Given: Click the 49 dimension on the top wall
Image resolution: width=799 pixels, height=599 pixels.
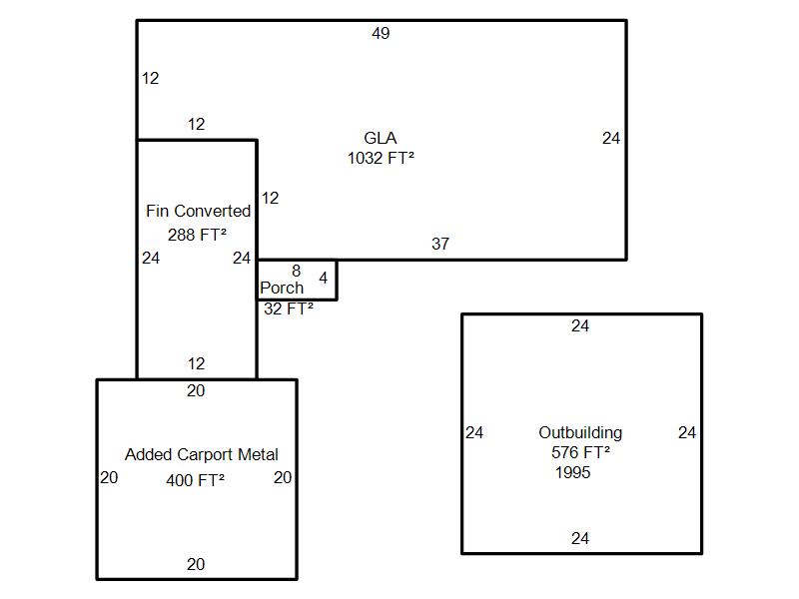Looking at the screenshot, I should coord(381,34).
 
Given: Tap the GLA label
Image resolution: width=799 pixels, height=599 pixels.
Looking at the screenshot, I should coord(381,138).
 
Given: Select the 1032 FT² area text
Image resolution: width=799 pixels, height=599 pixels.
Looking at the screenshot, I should coord(381,158).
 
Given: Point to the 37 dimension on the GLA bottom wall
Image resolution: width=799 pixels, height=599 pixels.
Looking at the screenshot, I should coord(440,244).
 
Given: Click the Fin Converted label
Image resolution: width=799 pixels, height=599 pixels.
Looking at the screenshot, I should coord(198,211).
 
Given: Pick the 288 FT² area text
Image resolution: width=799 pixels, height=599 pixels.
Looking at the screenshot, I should coord(197,235).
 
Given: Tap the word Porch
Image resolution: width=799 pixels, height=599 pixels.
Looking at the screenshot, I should coord(282,288).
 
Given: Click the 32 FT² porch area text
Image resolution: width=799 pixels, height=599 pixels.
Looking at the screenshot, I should coord(289,309).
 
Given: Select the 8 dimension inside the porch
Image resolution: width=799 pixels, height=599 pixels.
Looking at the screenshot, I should coord(297,271).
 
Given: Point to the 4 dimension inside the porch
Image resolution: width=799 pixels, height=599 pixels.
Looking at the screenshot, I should coord(323,278).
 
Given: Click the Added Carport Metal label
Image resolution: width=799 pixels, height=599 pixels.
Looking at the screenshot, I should coord(202,454).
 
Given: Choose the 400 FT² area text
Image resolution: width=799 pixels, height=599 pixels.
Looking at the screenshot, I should coord(196,480).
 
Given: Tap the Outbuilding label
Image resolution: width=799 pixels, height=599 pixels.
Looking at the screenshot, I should coord(580,432).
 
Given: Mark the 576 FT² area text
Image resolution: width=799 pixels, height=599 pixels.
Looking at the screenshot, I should coord(580,452).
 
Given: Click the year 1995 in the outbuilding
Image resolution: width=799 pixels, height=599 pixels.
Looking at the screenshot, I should coord(573,472).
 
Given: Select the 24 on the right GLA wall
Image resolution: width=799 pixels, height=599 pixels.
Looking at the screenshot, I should coord(611,139).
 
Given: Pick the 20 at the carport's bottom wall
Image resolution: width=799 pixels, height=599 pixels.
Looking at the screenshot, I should coord(196,564).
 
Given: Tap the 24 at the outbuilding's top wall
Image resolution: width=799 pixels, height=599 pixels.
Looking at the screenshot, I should coord(580,325).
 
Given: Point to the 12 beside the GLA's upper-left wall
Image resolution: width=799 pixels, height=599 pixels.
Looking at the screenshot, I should coord(150,78).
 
